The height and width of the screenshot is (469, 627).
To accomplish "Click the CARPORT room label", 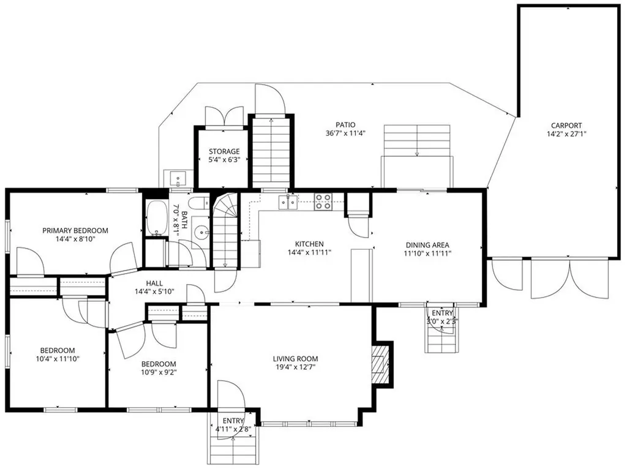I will click(x=565, y=125).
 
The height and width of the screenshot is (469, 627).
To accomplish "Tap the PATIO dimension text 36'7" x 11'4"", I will click(x=345, y=133).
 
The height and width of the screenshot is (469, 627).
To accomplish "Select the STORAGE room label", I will click(x=223, y=151).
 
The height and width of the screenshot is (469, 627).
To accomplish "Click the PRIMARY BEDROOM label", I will click(x=75, y=231).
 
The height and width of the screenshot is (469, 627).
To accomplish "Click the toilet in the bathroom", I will click(x=198, y=204).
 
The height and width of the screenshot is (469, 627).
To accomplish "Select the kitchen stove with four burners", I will click(x=323, y=201).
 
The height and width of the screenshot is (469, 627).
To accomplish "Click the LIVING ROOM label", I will click(x=295, y=359).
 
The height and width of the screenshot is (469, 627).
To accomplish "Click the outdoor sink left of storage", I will click(x=178, y=179).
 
